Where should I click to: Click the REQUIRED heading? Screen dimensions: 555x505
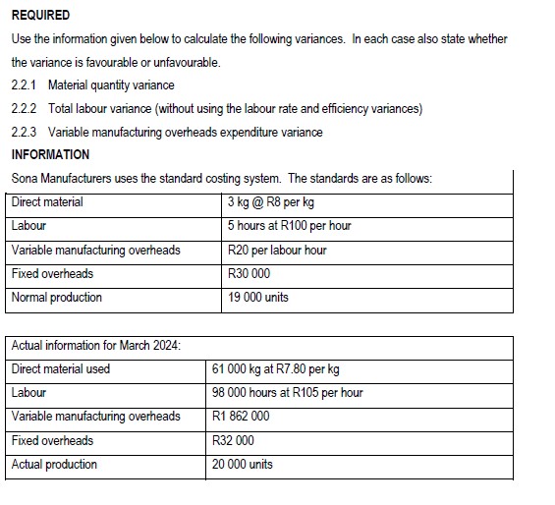coord(40,15)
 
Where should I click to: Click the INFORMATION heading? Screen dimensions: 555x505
coord(50,155)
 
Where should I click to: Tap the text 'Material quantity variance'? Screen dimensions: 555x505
coord(111,85)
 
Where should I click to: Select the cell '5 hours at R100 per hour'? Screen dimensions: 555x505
coord(289,226)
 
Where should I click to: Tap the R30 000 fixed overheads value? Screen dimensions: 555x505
coord(249,273)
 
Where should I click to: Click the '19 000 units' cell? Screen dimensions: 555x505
coord(258,297)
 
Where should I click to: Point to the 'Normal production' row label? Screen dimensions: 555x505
coord(57,297)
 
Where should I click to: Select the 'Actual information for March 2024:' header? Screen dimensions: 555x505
coord(95,345)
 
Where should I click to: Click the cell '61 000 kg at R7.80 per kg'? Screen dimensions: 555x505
coord(276,369)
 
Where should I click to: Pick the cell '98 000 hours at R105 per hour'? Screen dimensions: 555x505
coord(288,393)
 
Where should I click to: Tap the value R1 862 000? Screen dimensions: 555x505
coord(241,417)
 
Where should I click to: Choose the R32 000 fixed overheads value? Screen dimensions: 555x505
coord(233,440)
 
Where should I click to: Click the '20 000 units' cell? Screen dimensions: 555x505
coord(243,464)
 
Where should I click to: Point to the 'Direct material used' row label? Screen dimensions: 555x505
coord(61,369)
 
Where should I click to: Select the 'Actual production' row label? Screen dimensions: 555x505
coord(54,464)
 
